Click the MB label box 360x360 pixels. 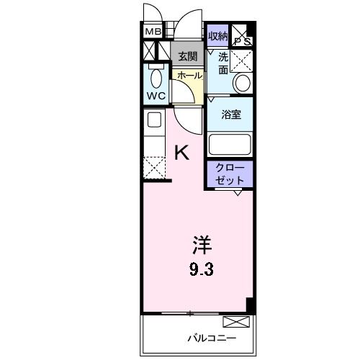[x=153, y=32]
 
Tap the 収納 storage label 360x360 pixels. [x=217, y=36]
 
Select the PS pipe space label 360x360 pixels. [x=243, y=42]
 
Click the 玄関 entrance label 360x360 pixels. [x=188, y=57]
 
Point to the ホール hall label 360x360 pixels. [x=190, y=76]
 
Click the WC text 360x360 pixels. [x=156, y=96]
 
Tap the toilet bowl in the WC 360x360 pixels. [x=156, y=78]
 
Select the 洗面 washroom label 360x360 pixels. [x=223, y=63]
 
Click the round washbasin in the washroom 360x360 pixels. [x=243, y=83]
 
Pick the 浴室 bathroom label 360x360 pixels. [x=231, y=114]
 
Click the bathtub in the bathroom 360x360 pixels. [x=230, y=144]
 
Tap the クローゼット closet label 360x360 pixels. [x=230, y=174]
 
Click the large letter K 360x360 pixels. [x=182, y=153]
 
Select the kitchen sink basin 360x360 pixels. [x=154, y=120]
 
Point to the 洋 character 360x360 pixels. [x=202, y=245]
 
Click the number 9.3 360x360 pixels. [x=202, y=269]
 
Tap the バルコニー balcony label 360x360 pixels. [x=212, y=338]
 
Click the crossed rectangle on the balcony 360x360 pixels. [x=236, y=322]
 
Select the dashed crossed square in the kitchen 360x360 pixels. [x=154, y=167]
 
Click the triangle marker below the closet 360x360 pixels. [x=238, y=193]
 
